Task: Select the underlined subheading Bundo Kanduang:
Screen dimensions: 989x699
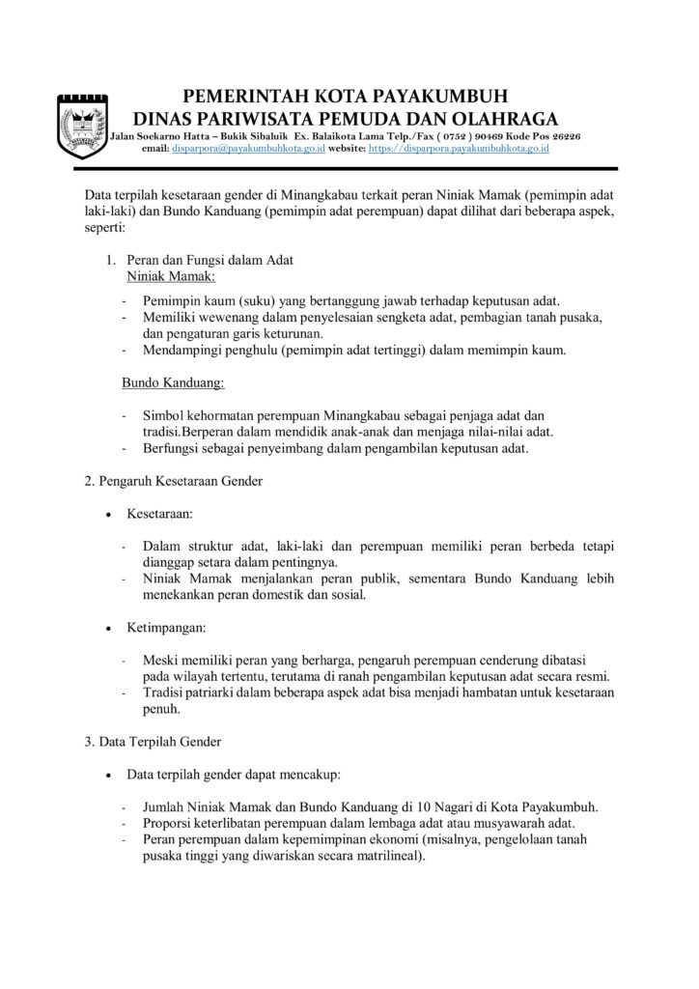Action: tap(173, 382)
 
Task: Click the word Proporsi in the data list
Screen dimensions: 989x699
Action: tap(167, 823)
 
